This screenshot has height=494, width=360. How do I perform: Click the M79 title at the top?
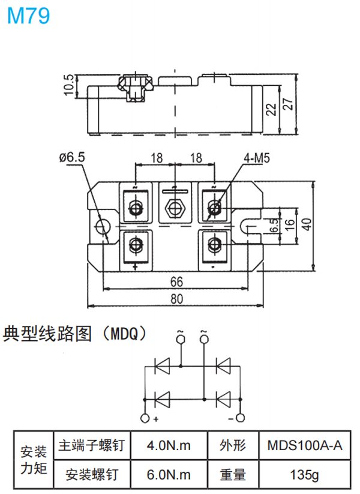[x=28, y=16]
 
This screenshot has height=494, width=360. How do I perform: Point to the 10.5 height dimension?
[x=70, y=85]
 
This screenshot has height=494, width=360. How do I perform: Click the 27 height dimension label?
[x=289, y=104]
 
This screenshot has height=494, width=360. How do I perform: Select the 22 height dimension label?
[x=271, y=108]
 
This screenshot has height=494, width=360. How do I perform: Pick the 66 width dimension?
[x=175, y=282]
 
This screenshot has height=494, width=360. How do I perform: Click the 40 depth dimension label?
[x=307, y=226]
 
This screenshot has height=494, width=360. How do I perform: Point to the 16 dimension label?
[x=289, y=226]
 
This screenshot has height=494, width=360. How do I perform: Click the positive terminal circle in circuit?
[x=145, y=418]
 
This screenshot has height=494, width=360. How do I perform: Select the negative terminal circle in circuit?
[x=241, y=418]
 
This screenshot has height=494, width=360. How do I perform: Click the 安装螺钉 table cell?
[x=92, y=475]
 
